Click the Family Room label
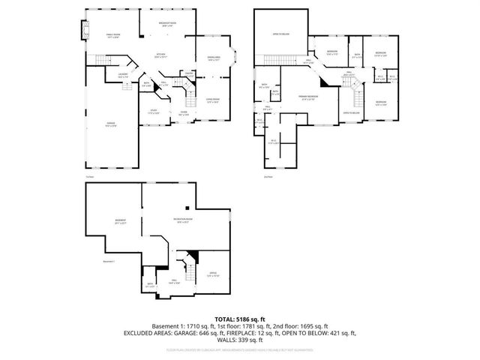click(112, 35)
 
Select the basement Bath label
click(151, 284)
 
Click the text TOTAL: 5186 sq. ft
click(240, 319)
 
